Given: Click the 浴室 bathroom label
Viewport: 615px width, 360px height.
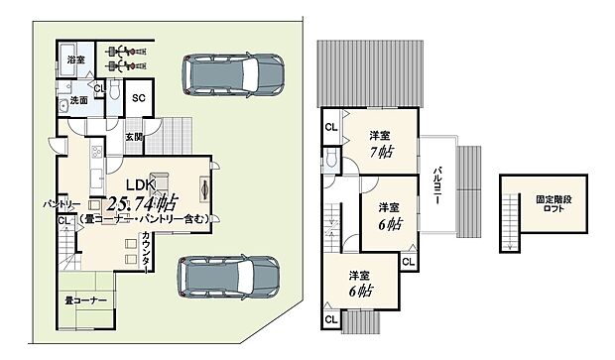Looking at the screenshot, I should (74, 61).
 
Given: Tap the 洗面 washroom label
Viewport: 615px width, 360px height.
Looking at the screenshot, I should (79, 99).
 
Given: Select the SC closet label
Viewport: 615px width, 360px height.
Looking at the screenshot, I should (138, 98).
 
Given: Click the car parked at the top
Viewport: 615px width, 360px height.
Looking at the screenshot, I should (231, 73).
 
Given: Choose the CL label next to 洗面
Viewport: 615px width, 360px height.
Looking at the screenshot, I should (98, 88).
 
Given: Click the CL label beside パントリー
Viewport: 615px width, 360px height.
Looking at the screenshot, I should (63, 220).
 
